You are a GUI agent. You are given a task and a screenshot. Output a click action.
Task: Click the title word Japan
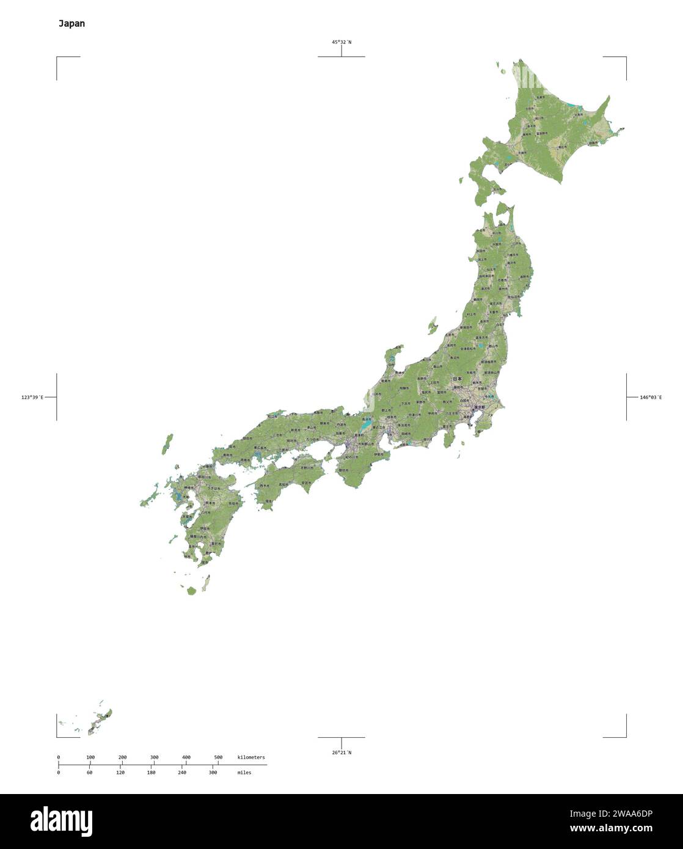(x=71, y=24)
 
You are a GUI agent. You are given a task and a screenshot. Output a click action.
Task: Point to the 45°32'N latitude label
(x=341, y=42)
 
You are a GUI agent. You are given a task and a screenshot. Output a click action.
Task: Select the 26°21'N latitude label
(x=341, y=752)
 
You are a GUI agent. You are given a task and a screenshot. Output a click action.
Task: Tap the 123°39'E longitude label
(x=32, y=397)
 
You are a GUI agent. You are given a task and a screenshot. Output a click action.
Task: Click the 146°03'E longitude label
(x=651, y=397)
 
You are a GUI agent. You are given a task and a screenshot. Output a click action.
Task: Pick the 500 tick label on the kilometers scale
(x=218, y=757)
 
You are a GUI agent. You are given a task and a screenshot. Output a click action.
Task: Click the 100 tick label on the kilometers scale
(x=90, y=757)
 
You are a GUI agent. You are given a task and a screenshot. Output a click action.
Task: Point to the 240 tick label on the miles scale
(x=181, y=773)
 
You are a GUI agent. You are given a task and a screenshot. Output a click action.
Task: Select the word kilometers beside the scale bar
(x=251, y=757)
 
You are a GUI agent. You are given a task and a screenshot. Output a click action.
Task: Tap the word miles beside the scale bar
(x=244, y=773)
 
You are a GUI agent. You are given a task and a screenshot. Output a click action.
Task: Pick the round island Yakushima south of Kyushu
(x=191, y=591)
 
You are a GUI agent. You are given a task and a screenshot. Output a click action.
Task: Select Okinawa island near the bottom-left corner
(x=100, y=720)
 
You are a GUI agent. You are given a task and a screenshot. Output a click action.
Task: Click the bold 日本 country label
(x=457, y=379)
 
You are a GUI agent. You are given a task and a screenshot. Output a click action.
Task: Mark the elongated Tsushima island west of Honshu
(x=167, y=444)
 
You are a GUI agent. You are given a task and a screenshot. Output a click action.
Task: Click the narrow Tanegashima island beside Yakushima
(x=206, y=583)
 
